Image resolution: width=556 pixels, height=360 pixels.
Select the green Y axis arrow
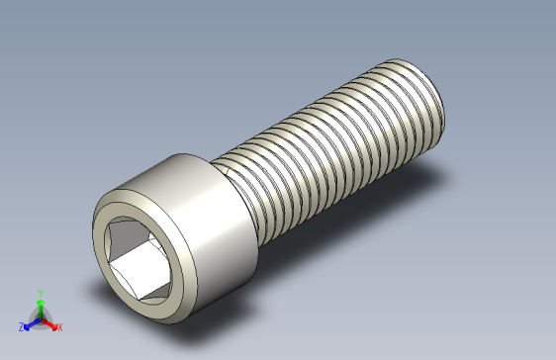(40, 304)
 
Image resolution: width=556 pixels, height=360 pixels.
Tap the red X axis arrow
(51, 322)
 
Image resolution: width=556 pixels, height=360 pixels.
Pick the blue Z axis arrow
(30, 322)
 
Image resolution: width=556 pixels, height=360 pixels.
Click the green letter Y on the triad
(40, 292)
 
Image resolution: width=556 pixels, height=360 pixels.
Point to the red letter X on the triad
(59, 326)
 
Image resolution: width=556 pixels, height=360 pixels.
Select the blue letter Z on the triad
(21, 326)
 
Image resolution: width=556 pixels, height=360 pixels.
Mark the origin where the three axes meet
(40, 317)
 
